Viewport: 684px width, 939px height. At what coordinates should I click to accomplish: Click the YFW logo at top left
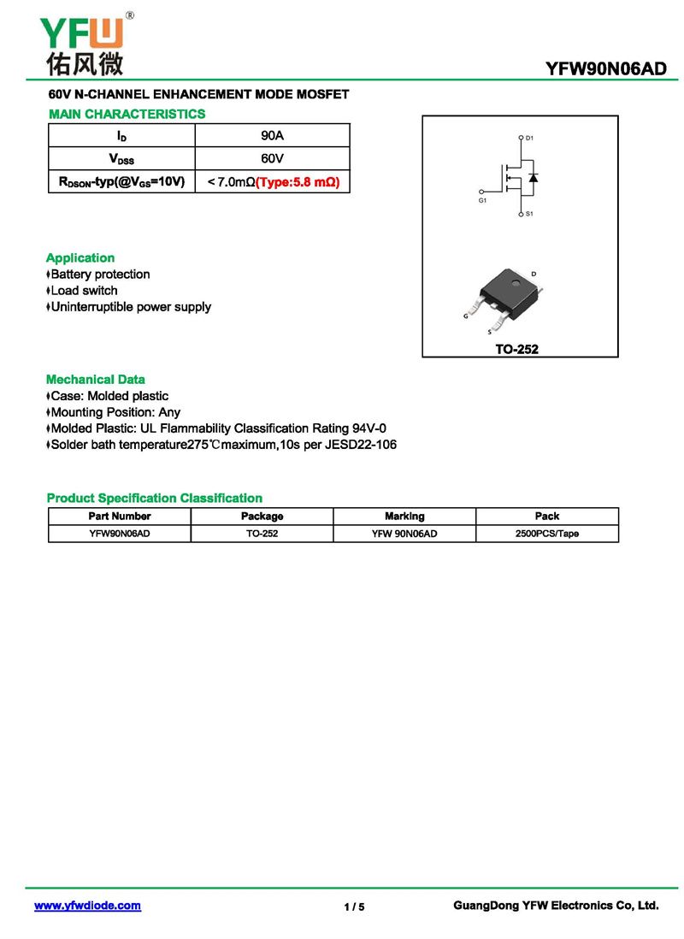pos(82,43)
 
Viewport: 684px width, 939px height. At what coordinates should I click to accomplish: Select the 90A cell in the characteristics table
pos(272,136)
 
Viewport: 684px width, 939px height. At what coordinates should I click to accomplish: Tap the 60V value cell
pos(272,159)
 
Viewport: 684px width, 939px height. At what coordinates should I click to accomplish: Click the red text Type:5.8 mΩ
pos(298,182)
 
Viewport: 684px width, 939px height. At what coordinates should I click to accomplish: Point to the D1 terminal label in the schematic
pos(529,138)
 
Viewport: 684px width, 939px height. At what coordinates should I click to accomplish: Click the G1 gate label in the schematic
pos(482,200)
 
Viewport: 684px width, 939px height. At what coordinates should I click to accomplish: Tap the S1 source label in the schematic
pos(529,214)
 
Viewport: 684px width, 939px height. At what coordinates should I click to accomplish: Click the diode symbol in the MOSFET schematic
pos(533,177)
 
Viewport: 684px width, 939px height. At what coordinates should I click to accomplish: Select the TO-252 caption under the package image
pos(517,349)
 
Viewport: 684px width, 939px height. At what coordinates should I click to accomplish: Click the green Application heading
pos(80,257)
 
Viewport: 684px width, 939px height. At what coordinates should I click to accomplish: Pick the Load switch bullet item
pos(84,291)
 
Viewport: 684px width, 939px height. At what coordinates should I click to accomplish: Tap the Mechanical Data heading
pos(96,379)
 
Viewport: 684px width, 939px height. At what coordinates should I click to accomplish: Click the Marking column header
pos(404,516)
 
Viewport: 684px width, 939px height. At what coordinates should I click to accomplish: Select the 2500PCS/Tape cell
pos(547,534)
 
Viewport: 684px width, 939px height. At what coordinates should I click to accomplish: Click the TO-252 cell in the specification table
pos(262,534)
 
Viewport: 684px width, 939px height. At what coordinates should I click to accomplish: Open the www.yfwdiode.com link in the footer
pos(87,906)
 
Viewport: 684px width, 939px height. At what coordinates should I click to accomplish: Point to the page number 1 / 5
pos(354,907)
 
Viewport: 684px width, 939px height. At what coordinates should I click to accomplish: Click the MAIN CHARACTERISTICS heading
pos(127,114)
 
